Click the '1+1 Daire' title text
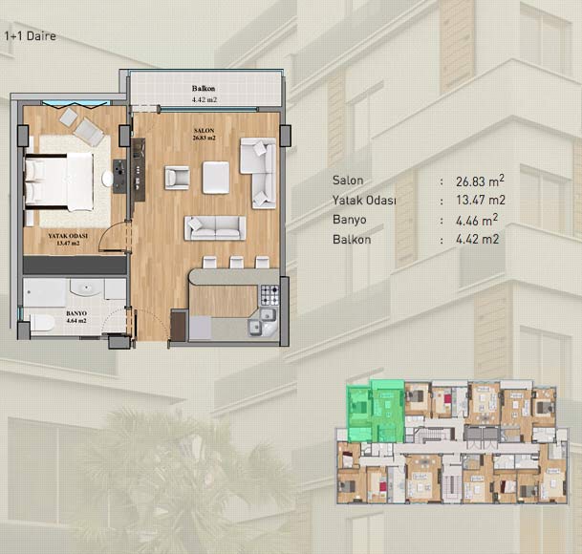[30, 36]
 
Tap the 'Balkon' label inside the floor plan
[204, 88]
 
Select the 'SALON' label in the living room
[205, 131]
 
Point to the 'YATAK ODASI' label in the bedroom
[68, 236]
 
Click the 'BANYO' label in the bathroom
[76, 313]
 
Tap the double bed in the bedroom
[58, 181]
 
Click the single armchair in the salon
[177, 178]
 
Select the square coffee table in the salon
[216, 178]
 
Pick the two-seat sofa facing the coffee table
[215, 228]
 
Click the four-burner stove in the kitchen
[269, 295]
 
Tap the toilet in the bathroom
[42, 323]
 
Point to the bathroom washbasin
[86, 288]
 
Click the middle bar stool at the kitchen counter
[236, 262]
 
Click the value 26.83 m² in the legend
[480, 181]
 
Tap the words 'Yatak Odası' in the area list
[364, 201]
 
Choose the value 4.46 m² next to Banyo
[477, 220]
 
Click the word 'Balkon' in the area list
[352, 240]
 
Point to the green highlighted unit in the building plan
[376, 411]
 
